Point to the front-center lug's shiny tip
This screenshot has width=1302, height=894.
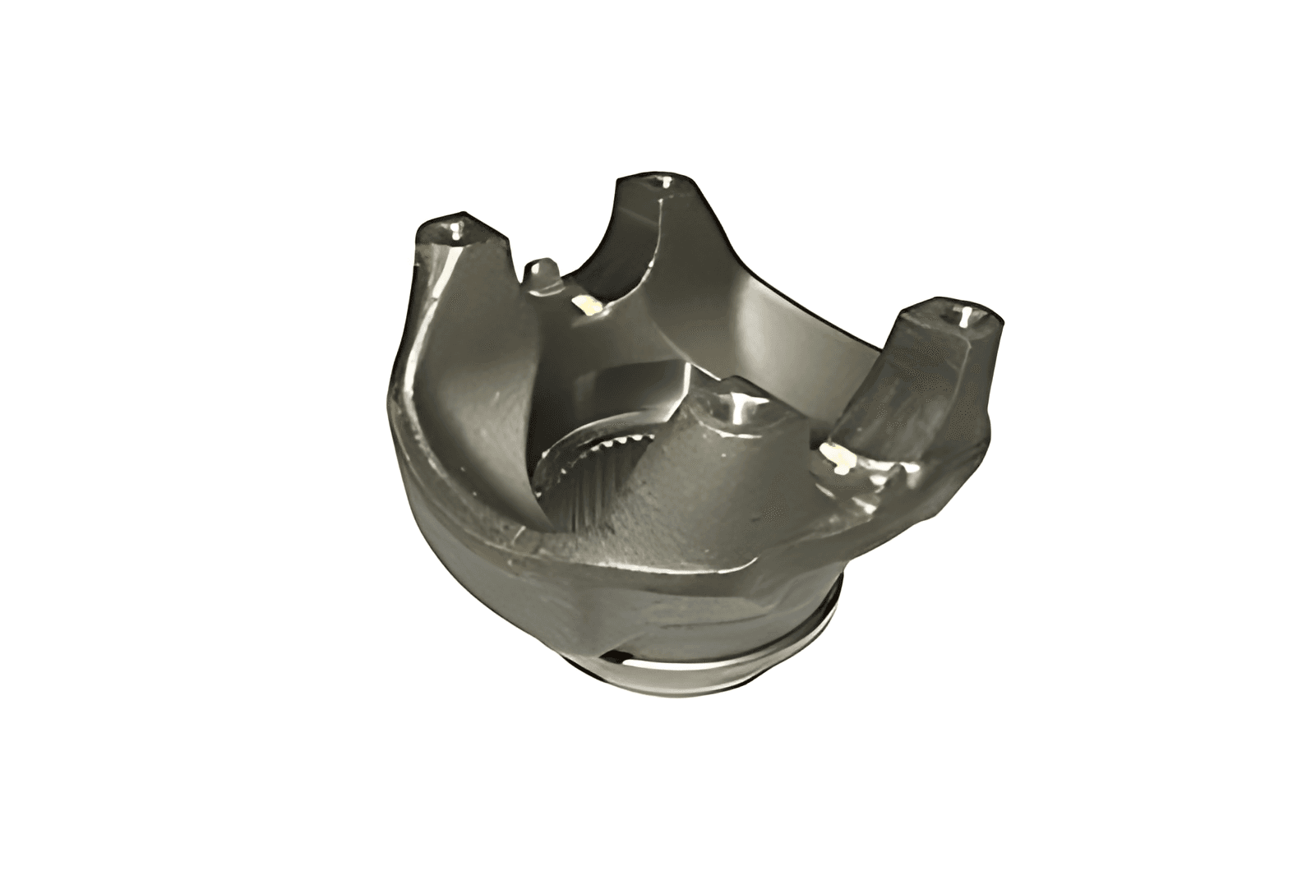pos(739,403)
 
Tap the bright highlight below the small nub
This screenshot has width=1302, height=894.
pos(589,306)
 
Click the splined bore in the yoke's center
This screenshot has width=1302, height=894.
pos(575,477)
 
